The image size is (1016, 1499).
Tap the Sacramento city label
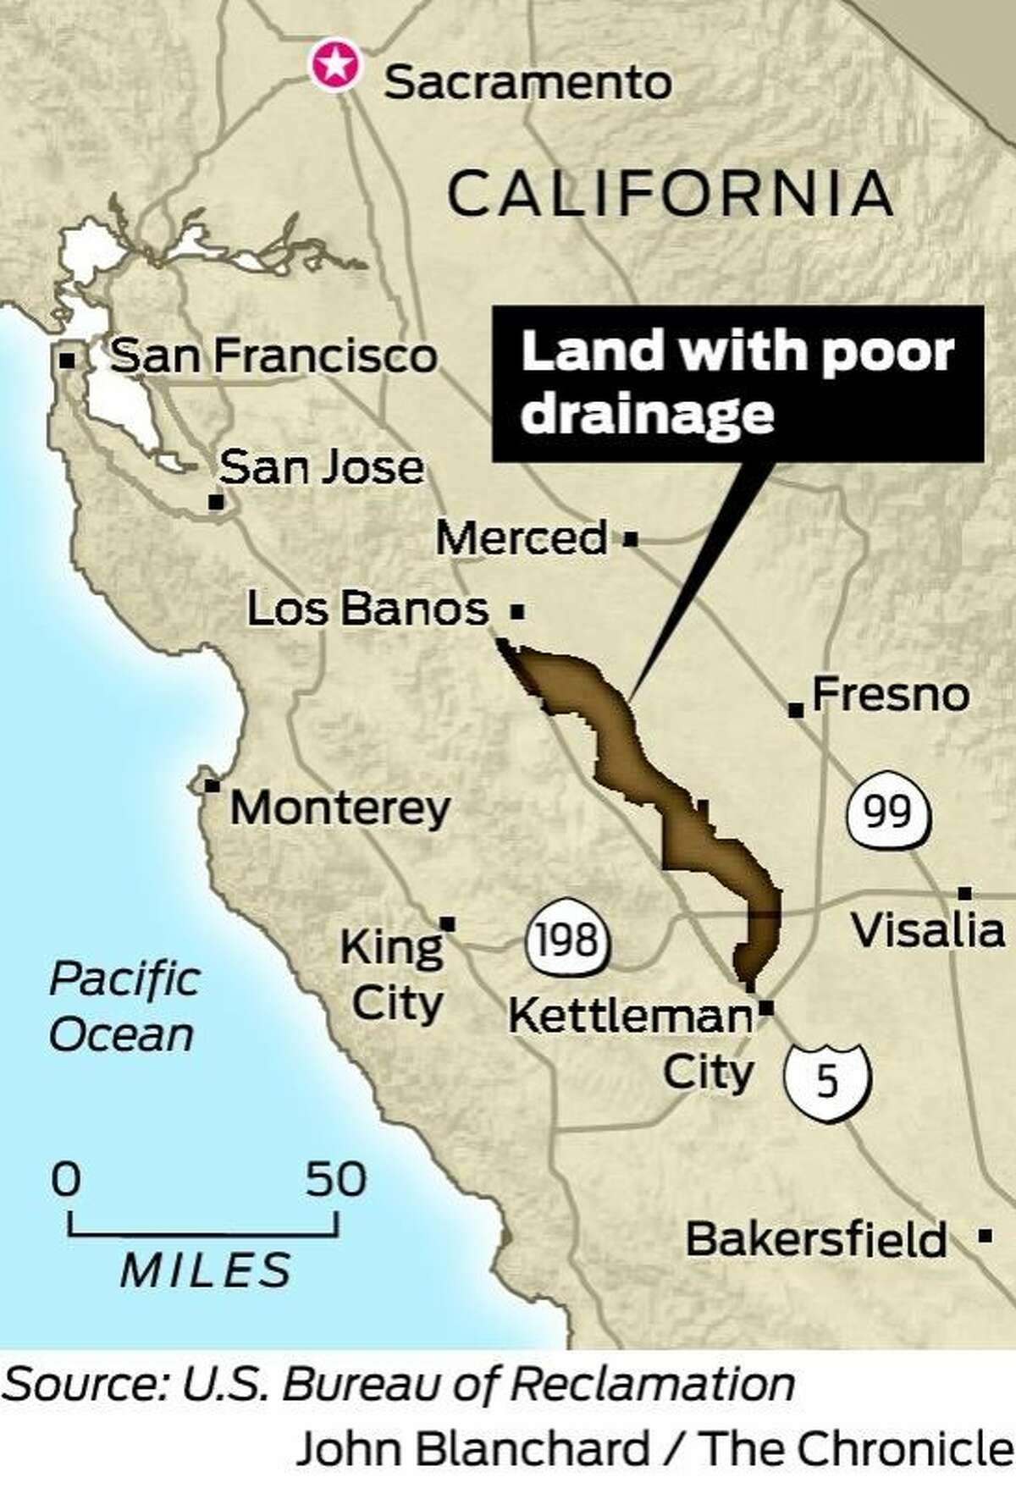(528, 83)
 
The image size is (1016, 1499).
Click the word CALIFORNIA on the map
(670, 193)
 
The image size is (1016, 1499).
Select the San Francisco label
(273, 355)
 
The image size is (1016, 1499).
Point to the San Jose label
(322, 467)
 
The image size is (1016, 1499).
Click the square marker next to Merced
(630, 538)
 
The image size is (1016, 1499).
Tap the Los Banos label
(367, 608)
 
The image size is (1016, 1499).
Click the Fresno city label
(891, 695)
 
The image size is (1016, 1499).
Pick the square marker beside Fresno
(795, 709)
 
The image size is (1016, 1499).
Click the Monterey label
(340, 807)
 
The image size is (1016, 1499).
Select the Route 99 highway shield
(889, 812)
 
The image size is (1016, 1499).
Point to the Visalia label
(928, 930)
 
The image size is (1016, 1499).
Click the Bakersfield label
(816, 1240)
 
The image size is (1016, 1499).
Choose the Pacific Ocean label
(124, 1007)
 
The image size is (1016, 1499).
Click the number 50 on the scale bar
(336, 1179)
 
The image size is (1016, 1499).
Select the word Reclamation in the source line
(654, 1385)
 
